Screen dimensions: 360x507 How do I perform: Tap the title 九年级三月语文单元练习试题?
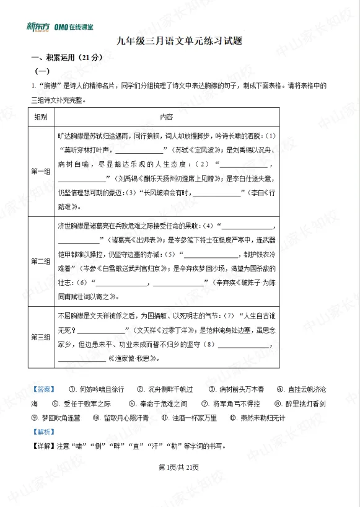click(180, 42)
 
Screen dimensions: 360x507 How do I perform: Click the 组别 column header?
click(41, 117)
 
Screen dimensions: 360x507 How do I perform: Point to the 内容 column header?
click(167, 117)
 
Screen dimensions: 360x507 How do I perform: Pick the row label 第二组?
click(41, 262)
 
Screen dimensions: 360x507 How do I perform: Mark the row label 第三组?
click(41, 337)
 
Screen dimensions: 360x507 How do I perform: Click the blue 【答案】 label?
click(43, 389)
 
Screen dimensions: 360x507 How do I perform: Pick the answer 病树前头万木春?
click(241, 389)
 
